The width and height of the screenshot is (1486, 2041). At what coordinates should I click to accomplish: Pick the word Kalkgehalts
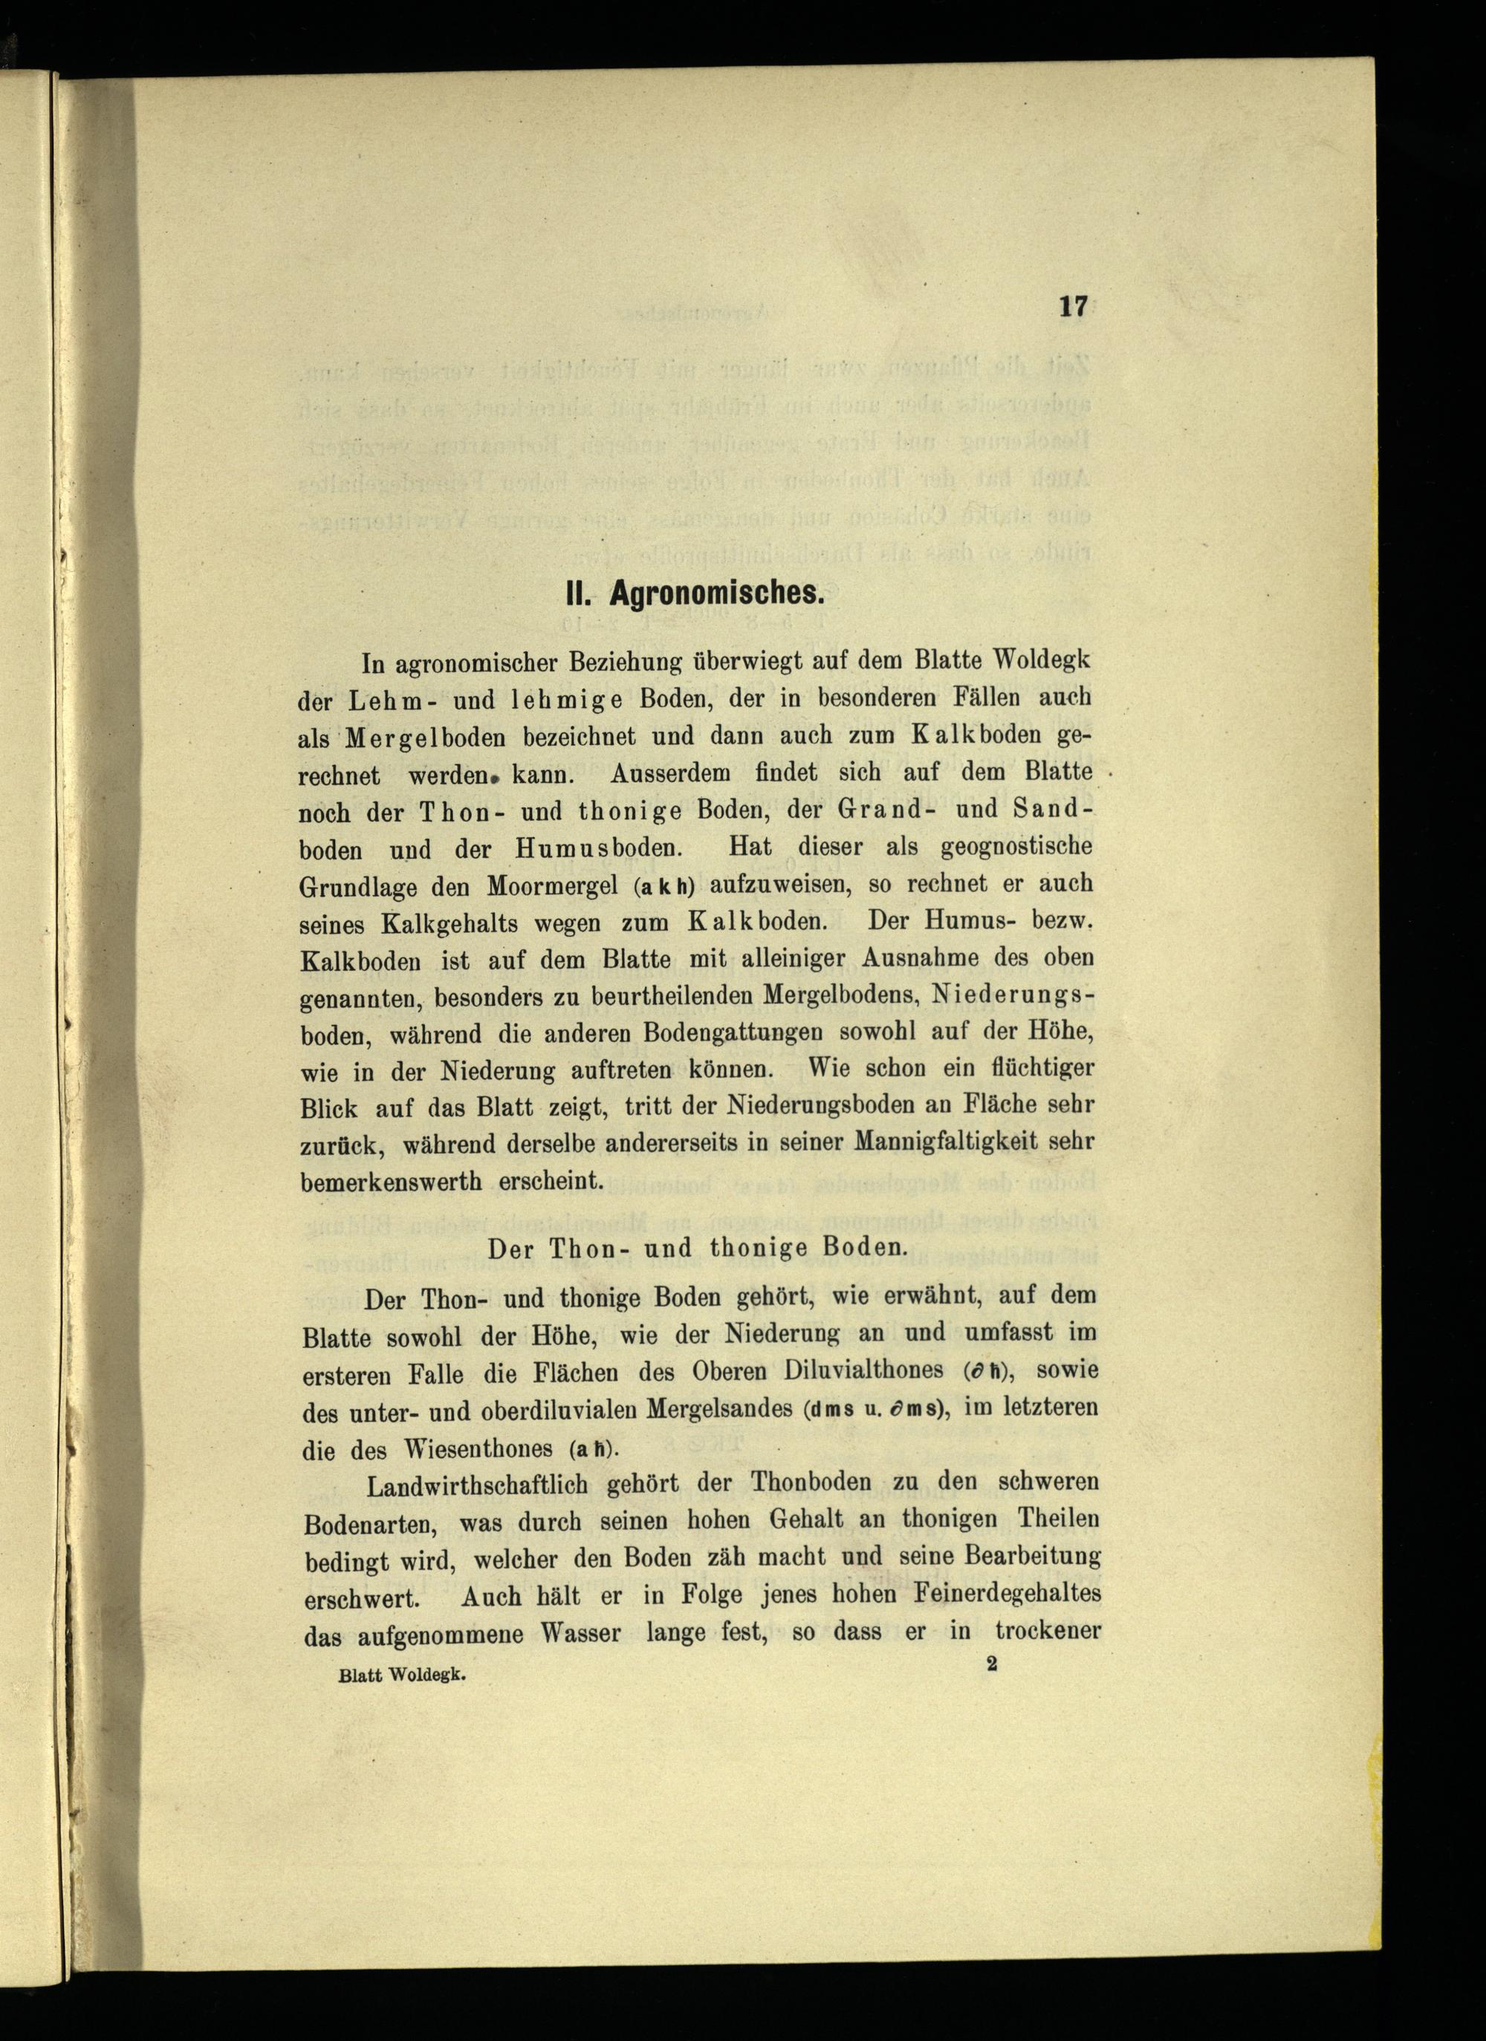pos(455,923)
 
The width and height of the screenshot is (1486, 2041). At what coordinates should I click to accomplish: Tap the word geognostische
pos(1016,849)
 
